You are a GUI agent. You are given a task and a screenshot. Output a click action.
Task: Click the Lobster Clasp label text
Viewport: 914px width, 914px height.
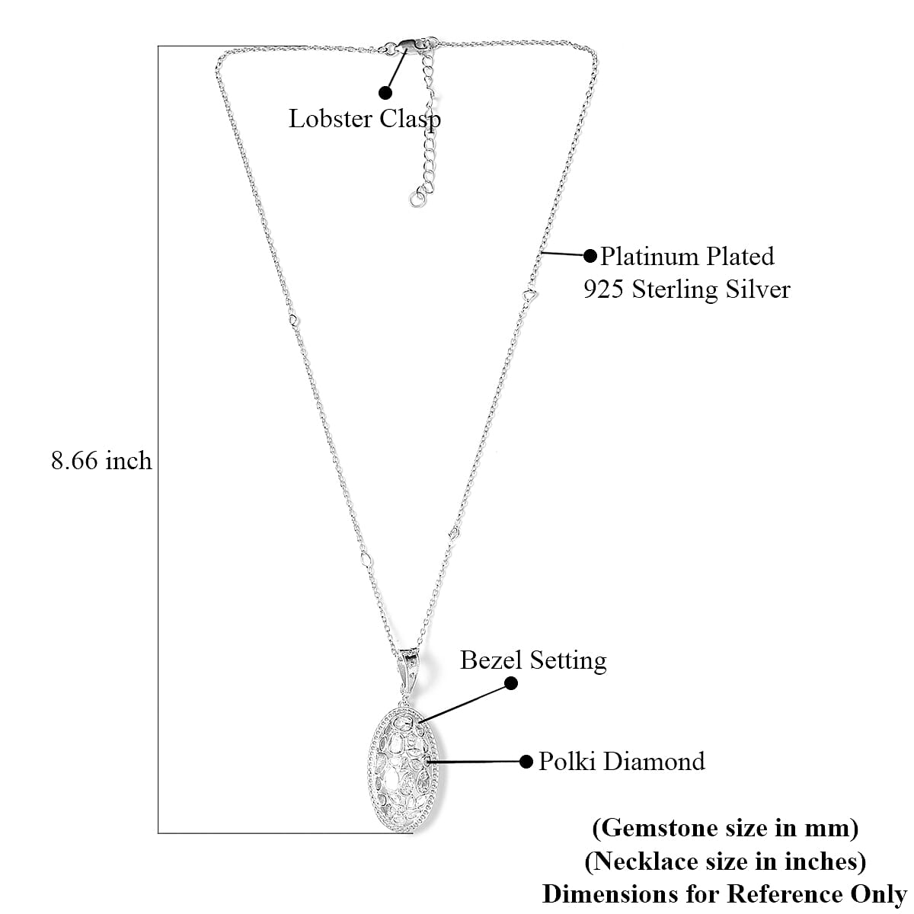point(365,119)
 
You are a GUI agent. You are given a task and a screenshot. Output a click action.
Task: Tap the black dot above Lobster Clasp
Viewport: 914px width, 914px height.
point(385,92)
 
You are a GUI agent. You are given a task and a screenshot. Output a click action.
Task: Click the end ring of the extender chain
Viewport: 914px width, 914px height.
point(417,200)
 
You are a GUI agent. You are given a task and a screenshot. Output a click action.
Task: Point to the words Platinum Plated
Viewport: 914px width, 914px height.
point(688,257)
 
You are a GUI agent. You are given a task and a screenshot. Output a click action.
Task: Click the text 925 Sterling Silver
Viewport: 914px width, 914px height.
point(687,289)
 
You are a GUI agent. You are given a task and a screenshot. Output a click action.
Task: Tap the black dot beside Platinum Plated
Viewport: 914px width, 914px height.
point(590,256)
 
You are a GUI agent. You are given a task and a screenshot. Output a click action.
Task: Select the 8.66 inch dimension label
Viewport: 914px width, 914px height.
point(101,461)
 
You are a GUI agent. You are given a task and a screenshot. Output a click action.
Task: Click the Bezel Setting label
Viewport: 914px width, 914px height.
point(533,660)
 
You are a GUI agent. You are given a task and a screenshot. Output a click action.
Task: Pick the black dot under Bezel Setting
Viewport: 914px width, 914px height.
point(511,683)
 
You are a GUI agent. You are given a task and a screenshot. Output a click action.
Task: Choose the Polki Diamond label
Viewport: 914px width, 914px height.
point(622,762)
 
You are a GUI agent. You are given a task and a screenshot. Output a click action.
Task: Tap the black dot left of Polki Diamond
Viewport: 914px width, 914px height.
point(526,762)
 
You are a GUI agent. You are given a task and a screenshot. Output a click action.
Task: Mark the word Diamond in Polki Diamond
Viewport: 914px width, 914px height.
point(654,762)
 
